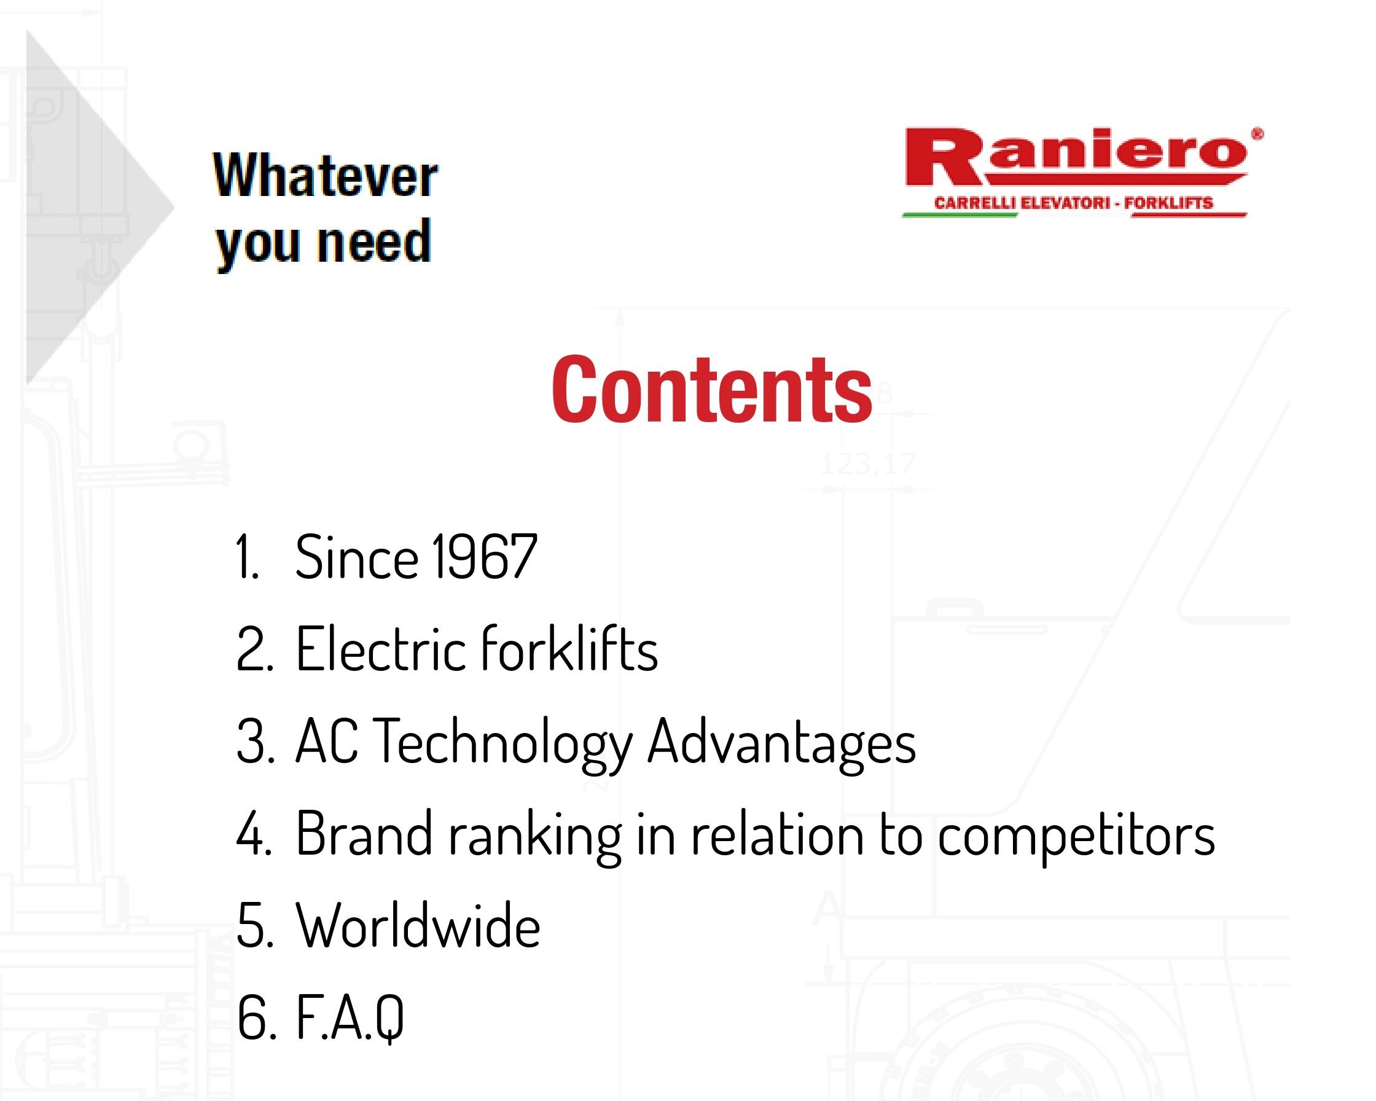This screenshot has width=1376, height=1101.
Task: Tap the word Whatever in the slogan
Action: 326,176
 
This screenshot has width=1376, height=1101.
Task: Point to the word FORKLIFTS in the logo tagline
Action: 1168,203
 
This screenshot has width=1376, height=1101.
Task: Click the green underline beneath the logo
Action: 960,215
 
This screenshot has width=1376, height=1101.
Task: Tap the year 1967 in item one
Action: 484,557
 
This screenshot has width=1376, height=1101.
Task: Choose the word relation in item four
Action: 777,833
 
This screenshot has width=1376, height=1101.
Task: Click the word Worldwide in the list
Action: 418,925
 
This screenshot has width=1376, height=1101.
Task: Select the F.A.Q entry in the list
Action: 350,1018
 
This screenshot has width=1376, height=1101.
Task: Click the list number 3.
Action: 256,741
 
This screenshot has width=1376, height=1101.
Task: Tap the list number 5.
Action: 256,925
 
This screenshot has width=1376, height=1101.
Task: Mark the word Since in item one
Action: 356,557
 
